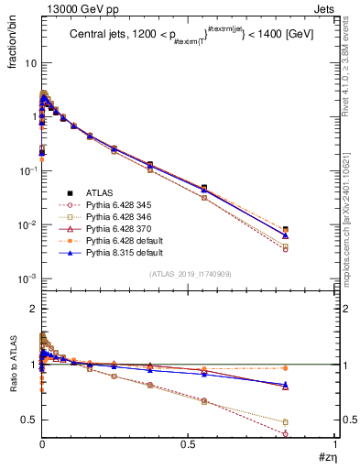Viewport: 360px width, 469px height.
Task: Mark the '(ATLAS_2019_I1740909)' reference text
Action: click(x=189, y=274)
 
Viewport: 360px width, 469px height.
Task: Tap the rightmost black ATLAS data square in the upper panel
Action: click(x=311, y=230)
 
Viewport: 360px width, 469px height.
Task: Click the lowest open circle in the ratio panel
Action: click(x=311, y=433)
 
